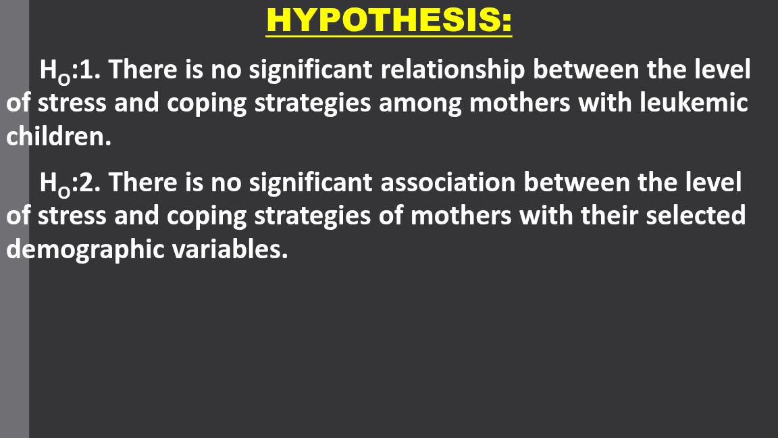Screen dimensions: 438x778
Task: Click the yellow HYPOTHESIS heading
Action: [389, 20]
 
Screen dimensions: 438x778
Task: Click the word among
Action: [421, 104]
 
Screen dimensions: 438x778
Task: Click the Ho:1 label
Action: [70, 70]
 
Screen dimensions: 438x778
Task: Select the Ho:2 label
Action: [70, 182]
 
